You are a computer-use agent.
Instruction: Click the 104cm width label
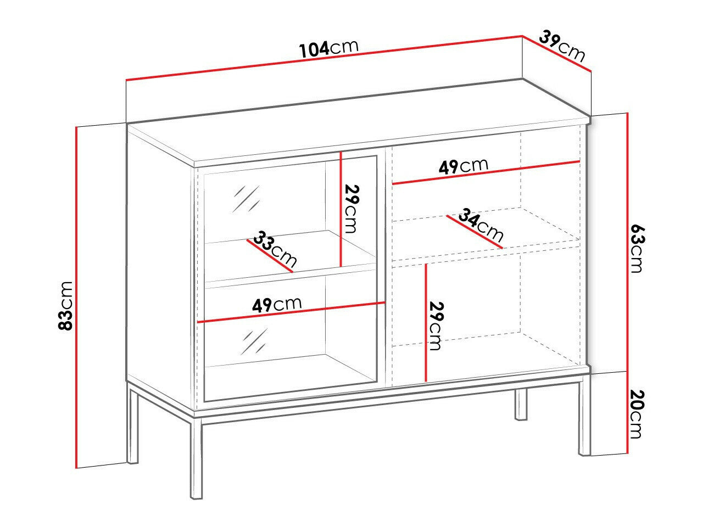pos(328,48)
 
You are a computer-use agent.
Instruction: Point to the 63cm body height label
pos(636,248)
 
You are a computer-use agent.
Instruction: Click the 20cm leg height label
pos(636,414)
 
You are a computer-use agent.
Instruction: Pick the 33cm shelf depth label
pos(275,249)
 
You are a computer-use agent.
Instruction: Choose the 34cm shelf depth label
pos(481,225)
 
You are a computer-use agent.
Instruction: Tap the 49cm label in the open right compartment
pos(463,166)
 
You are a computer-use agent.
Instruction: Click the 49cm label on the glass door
pos(277,304)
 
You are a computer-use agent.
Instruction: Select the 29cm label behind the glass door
pos(351,209)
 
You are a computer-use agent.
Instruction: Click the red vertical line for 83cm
pos(76,296)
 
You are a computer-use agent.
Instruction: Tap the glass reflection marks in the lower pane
pos(254,342)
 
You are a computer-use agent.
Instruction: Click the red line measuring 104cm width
pos(324,58)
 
